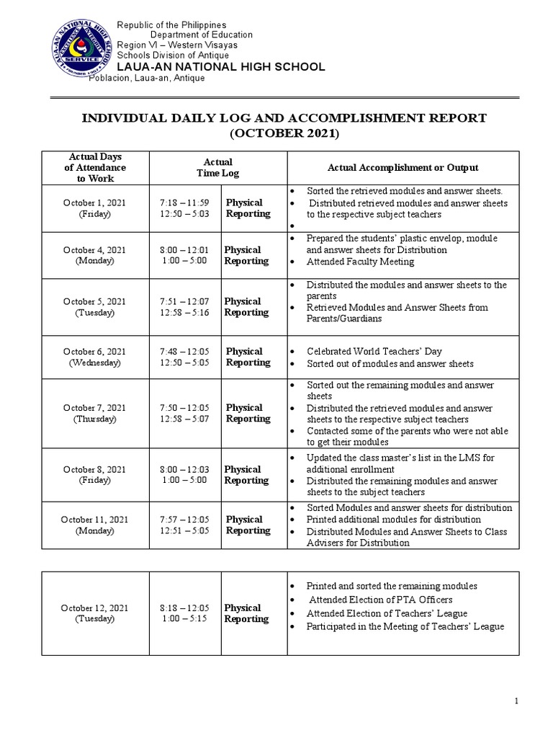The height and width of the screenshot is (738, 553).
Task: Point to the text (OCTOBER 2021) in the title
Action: (284, 134)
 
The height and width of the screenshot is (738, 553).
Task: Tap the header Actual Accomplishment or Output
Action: (403, 168)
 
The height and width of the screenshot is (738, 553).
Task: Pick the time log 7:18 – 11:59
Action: (184, 203)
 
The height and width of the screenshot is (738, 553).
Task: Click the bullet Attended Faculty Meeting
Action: (360, 262)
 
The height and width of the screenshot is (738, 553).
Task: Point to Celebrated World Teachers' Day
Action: (374, 352)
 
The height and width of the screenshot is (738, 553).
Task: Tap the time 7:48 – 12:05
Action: (184, 352)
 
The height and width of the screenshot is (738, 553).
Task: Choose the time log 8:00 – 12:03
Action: (184, 470)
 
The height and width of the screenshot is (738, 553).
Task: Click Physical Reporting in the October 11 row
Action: (248, 525)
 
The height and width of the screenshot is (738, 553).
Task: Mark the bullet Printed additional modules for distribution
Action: (393, 520)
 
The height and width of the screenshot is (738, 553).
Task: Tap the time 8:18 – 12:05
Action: (184, 608)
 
